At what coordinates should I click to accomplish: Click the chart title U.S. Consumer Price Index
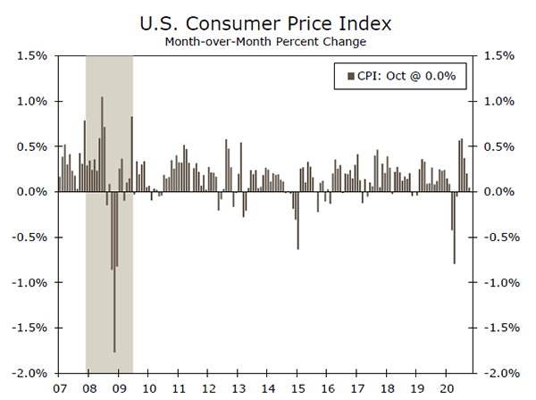(268, 20)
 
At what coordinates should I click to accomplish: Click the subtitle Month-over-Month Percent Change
(268, 40)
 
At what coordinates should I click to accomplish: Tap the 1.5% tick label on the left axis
(30, 55)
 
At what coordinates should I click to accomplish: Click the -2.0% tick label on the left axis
(29, 372)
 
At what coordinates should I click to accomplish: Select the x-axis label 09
(119, 389)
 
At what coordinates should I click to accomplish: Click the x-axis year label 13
(238, 389)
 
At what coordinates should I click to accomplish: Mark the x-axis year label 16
(328, 389)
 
